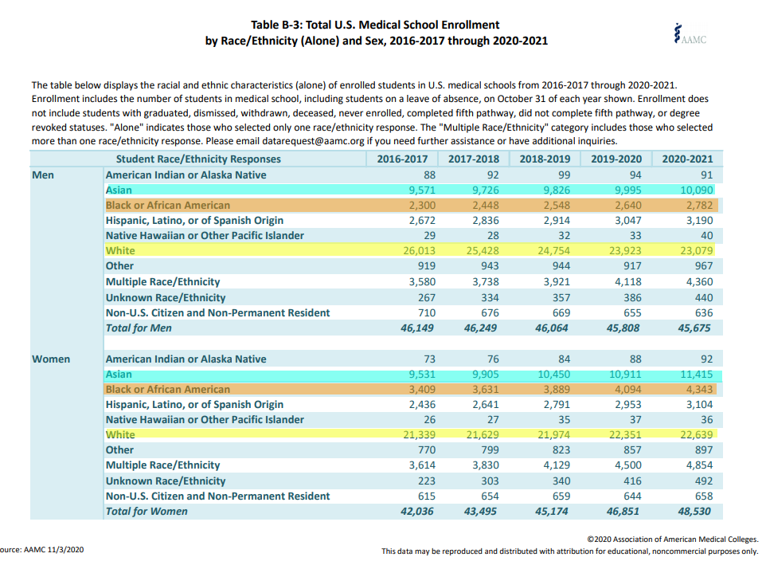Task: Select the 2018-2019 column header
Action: pos(546,159)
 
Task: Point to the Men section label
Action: pos(43,175)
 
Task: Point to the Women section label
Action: pos(51,359)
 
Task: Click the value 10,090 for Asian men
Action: pos(695,190)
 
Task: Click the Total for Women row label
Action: pos(147,512)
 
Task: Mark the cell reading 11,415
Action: pos(695,375)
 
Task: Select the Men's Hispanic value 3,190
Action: pos(698,221)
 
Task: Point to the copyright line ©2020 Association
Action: pos(672,540)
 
